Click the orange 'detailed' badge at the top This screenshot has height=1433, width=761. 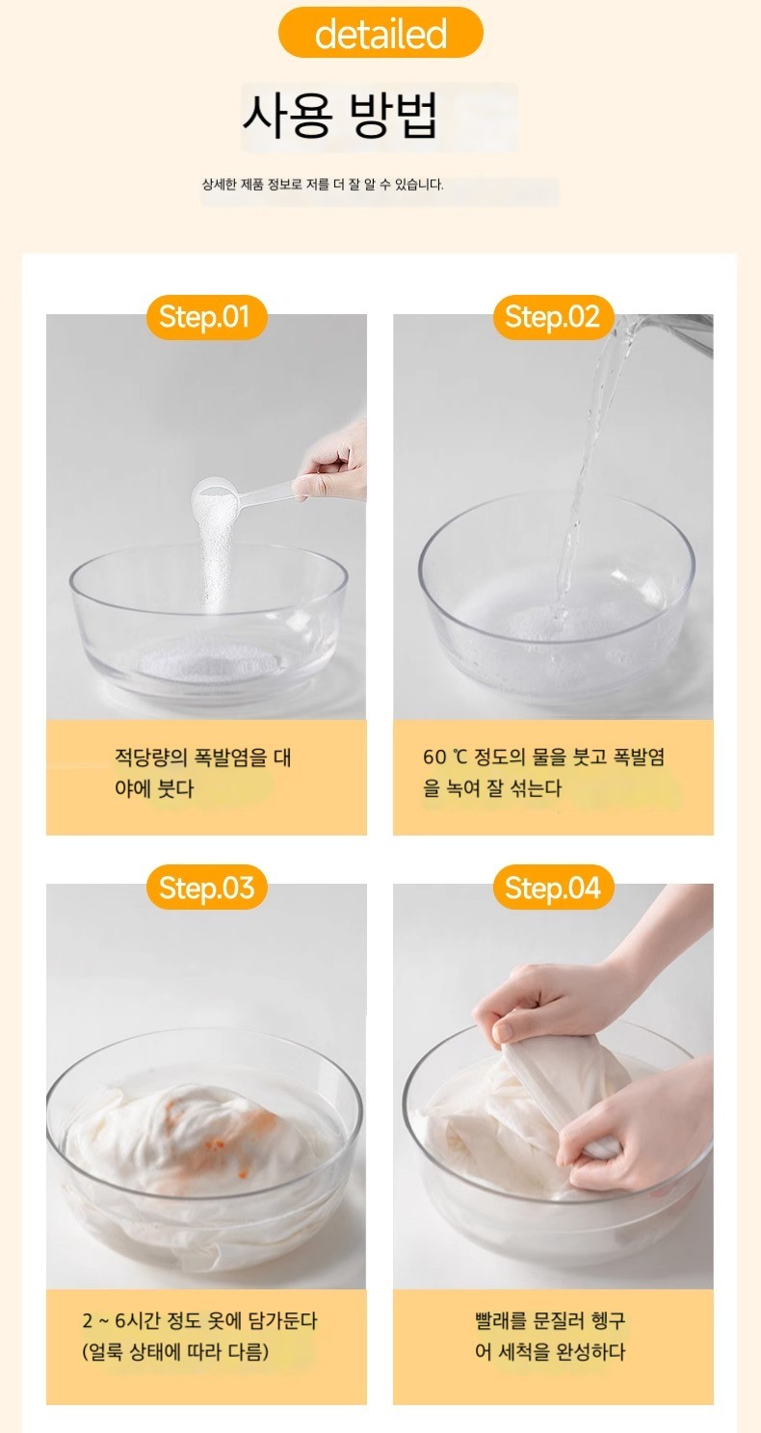point(380,34)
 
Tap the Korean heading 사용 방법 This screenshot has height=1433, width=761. point(340,116)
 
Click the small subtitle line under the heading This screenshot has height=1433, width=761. point(323,185)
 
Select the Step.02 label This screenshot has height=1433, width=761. point(553,317)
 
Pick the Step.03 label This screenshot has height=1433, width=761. point(206,888)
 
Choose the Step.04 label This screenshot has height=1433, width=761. point(553,888)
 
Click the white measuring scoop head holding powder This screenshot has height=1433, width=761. point(214,495)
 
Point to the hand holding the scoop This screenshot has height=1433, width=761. point(331,462)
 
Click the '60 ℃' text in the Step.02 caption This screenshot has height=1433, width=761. point(445,756)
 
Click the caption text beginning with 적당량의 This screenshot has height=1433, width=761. point(202,773)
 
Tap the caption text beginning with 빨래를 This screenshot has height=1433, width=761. point(550,1336)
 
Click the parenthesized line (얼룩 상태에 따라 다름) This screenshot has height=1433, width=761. point(175,1352)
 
